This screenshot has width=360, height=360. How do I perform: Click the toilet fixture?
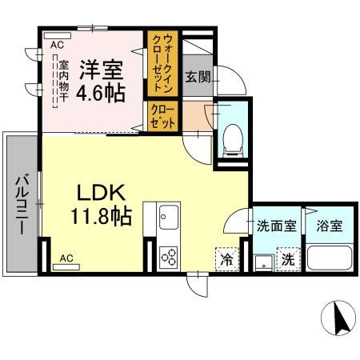click(232, 138)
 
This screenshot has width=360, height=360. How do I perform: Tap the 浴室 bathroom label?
click(328, 226)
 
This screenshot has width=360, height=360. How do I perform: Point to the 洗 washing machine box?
click(286, 260)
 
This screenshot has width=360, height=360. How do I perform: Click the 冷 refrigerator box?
click(226, 259)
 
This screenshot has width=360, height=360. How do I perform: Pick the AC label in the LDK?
click(66, 258)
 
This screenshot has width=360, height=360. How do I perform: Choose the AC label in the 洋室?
click(56, 46)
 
